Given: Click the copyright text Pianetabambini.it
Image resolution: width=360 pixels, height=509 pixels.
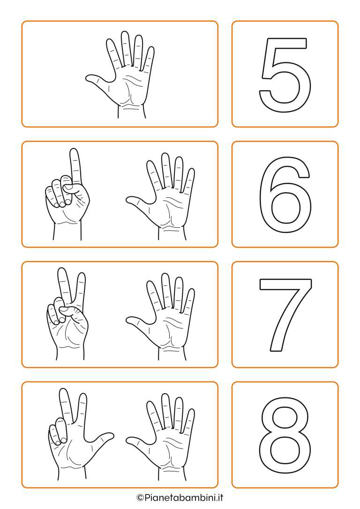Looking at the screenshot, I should [x=180, y=497].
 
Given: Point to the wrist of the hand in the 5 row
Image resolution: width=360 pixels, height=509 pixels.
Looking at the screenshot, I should [x=131, y=112].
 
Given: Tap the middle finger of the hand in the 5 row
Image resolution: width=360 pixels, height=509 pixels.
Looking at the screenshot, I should [x=125, y=47].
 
